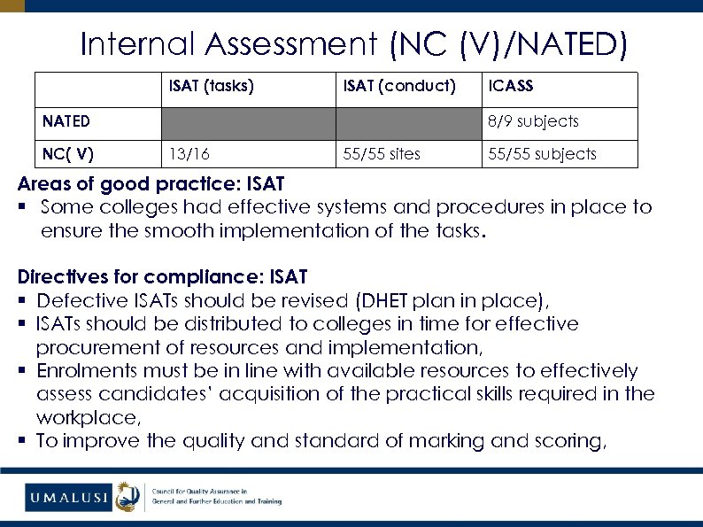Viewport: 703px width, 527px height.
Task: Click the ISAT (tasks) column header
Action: (212, 87)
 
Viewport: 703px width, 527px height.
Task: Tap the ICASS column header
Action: (511, 87)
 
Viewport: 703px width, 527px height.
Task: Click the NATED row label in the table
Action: (66, 121)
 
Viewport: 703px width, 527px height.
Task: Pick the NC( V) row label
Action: (68, 154)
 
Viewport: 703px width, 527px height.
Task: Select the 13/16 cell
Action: (189, 154)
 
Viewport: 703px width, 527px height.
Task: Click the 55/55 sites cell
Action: (382, 154)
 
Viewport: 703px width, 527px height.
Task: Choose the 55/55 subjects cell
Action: (542, 154)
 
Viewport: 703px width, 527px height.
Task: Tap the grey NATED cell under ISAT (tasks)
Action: (248, 122)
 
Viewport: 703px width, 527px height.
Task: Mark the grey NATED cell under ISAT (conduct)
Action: (409, 122)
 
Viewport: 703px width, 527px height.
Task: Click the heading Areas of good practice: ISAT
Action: (151, 185)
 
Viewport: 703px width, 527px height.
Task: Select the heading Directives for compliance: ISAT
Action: (162, 278)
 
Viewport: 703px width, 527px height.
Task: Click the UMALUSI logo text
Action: (67, 498)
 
